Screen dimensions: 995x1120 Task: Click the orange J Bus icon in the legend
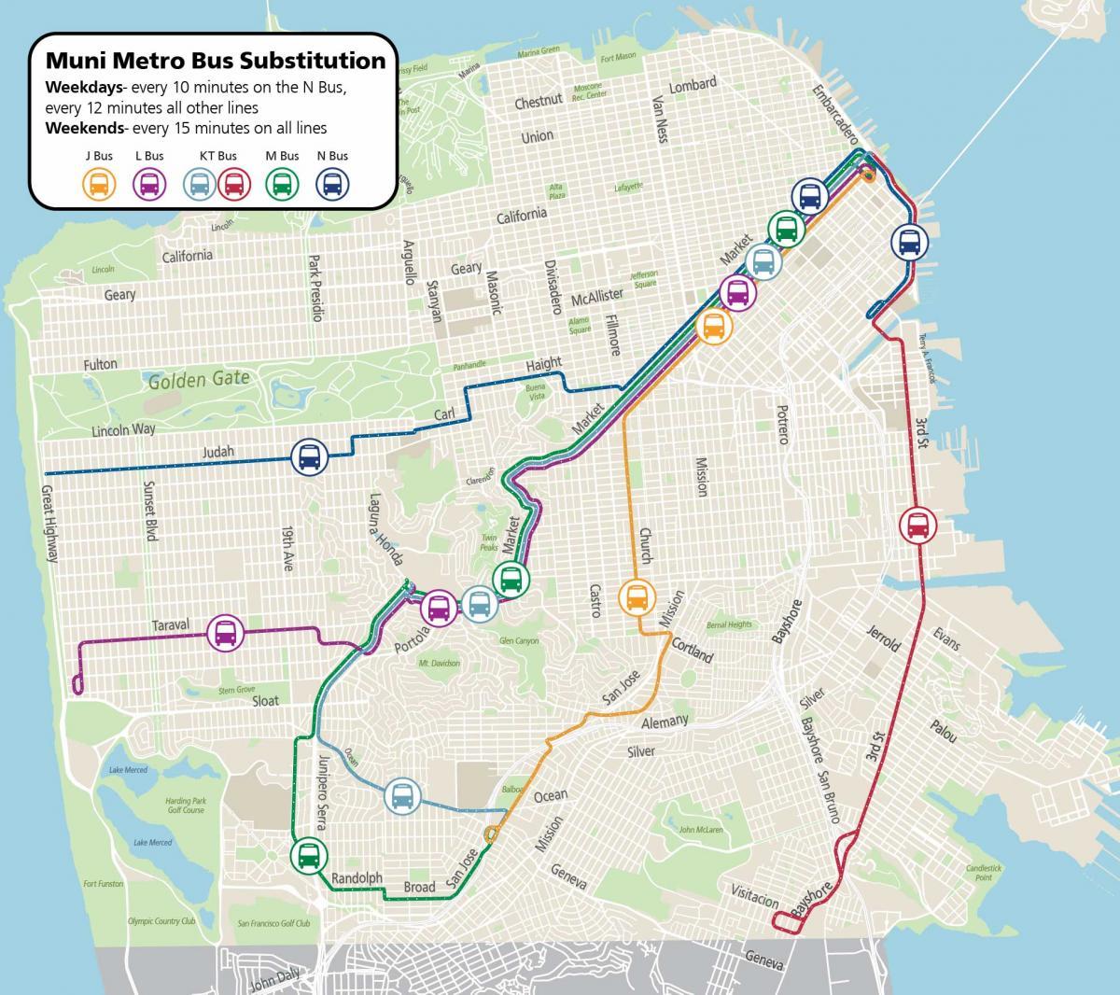point(99,184)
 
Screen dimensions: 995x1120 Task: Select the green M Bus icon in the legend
point(282,184)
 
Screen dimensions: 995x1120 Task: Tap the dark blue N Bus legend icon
point(332,184)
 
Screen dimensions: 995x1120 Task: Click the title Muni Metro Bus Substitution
point(215,61)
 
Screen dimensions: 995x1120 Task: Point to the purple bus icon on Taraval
point(226,634)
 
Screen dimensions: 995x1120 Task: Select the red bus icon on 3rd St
point(918,526)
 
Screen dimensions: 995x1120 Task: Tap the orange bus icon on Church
point(637,596)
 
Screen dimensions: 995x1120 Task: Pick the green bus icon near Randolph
point(308,854)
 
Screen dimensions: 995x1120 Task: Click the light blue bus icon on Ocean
point(402,796)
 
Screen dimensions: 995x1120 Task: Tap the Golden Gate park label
point(199,379)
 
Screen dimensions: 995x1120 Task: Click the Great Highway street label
point(49,523)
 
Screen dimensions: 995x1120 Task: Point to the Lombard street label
point(693,84)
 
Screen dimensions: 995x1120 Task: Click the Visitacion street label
point(754,897)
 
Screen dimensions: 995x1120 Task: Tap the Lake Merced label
point(128,770)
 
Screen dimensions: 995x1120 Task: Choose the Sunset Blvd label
point(150,511)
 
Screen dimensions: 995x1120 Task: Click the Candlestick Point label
point(985,872)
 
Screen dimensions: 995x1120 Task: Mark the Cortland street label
point(692,651)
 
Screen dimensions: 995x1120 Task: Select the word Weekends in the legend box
point(83,127)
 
